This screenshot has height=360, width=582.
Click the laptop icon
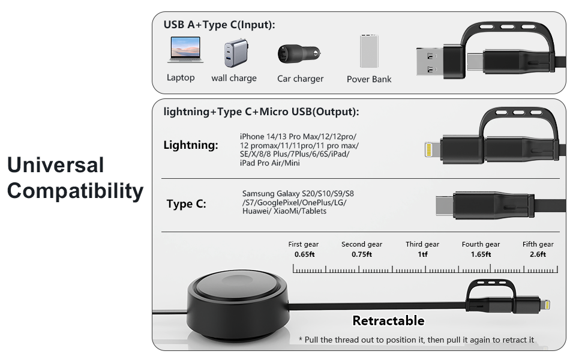pyautogui.click(x=185, y=49)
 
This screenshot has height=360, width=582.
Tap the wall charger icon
pyautogui.click(x=236, y=53)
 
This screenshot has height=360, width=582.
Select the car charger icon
pyautogui.click(x=299, y=54)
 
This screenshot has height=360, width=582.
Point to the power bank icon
pyautogui.click(x=369, y=51)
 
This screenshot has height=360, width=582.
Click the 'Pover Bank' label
pyautogui.click(x=369, y=79)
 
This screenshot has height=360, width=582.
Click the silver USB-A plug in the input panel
pyautogui.click(x=430, y=62)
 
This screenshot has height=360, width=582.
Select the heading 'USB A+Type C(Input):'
pyautogui.click(x=220, y=25)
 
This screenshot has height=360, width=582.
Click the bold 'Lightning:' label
pyautogui.click(x=191, y=145)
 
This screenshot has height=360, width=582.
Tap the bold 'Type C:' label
pyautogui.click(x=187, y=204)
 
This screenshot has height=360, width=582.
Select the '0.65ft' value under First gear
pyautogui.click(x=304, y=254)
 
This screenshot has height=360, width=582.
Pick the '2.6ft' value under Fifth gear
pyautogui.click(x=538, y=254)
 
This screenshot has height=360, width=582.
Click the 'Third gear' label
pyautogui.click(x=422, y=244)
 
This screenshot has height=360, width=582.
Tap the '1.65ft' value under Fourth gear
pyautogui.click(x=481, y=254)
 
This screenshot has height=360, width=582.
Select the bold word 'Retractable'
pyautogui.click(x=388, y=320)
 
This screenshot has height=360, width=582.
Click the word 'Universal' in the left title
pyautogui.click(x=56, y=165)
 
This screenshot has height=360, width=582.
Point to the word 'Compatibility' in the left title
pyautogui.click(x=76, y=191)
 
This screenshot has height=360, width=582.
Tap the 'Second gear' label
pyautogui.click(x=362, y=244)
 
